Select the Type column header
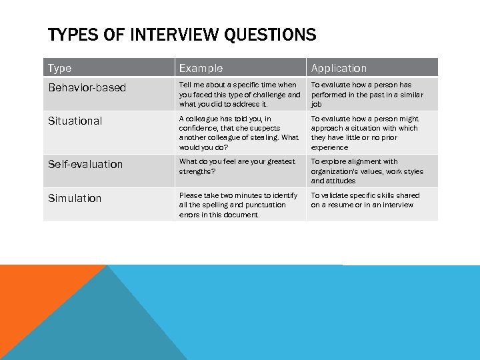(60, 68)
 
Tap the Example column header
(201, 68)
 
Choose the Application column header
(339, 68)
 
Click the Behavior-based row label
(87, 88)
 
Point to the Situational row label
(75, 121)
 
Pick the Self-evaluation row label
(85, 164)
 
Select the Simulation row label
(75, 198)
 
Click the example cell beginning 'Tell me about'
(239, 95)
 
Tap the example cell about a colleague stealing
(239, 133)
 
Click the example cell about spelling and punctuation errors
(239, 205)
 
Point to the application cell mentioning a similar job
(370, 95)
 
